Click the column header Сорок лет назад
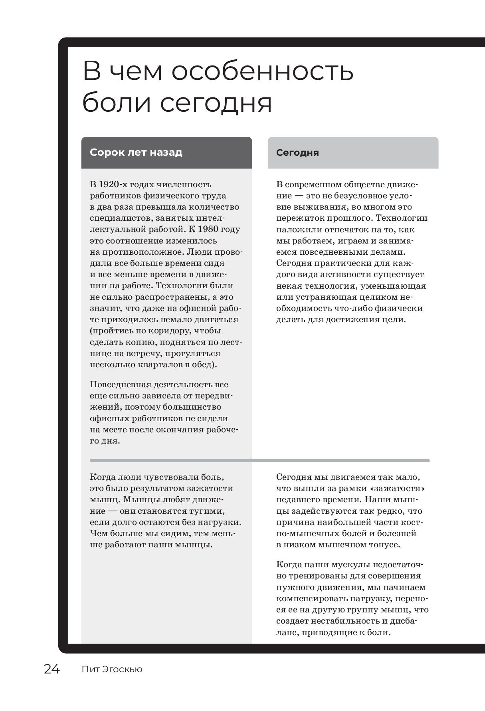click(x=136, y=152)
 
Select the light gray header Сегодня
click(x=297, y=153)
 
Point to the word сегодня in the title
click(x=216, y=103)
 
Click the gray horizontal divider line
click(x=259, y=460)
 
